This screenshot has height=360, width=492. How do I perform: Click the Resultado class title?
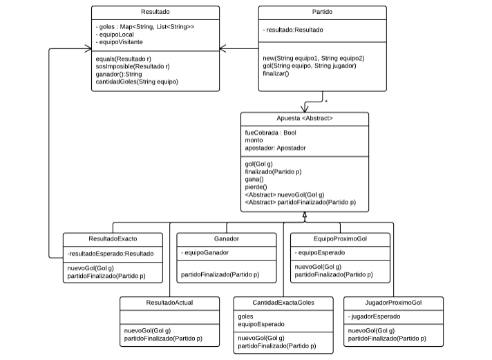coord(155,12)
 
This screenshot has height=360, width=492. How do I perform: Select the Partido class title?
coord(322,12)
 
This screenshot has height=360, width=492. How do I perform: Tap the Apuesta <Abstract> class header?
coord(304,118)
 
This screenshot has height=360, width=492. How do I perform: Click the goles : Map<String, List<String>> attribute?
coord(145,27)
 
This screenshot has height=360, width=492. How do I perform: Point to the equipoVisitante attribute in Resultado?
coord(120,42)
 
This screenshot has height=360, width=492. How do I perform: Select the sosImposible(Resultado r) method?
coord(133,66)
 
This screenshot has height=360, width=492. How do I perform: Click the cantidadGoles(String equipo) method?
coord(137,82)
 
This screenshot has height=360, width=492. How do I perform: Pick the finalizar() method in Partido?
coord(276,74)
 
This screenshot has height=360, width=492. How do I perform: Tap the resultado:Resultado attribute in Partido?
coord(293,30)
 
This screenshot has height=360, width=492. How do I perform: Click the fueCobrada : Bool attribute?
coord(270,133)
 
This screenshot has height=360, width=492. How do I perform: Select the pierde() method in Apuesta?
coord(256,187)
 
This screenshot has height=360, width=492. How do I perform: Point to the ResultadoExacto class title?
coord(113,239)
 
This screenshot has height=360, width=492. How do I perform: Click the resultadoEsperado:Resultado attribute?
coord(111,254)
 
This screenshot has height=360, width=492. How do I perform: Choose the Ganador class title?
coord(227,239)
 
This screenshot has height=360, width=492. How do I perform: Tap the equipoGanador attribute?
coord(205,253)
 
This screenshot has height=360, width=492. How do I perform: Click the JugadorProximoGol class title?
coord(393,303)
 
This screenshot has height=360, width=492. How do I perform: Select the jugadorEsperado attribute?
coord(374,316)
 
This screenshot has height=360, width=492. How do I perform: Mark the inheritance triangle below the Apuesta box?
coord(304,215)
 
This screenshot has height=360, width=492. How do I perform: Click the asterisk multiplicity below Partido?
coord(326,102)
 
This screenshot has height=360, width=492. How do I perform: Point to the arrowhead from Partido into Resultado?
coord(223,48)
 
